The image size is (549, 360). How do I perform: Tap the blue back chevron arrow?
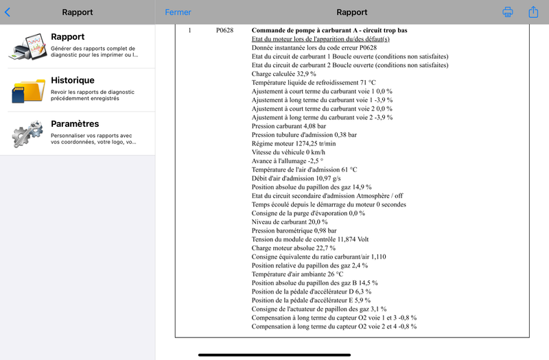[x=8, y=12]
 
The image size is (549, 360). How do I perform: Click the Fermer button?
[x=178, y=12]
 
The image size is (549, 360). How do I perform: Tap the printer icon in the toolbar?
[x=508, y=12]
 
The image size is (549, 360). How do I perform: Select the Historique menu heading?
[x=72, y=80]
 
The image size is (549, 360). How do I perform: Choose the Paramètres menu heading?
[x=75, y=124]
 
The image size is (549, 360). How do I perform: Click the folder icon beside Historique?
[x=27, y=91]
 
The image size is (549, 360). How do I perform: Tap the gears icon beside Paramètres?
[x=27, y=134]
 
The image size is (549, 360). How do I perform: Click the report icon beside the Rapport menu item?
[x=27, y=47]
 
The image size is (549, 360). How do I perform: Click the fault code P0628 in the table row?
[x=225, y=31]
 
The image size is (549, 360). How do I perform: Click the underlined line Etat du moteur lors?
[x=320, y=39]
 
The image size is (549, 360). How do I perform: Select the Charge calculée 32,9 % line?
[x=284, y=74]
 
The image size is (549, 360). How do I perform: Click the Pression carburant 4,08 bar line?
[x=288, y=126]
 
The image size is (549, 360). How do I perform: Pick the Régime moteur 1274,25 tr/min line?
[x=294, y=143]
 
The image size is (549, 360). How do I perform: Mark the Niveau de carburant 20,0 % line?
[x=290, y=222]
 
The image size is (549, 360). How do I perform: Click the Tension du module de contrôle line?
[x=310, y=239]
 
